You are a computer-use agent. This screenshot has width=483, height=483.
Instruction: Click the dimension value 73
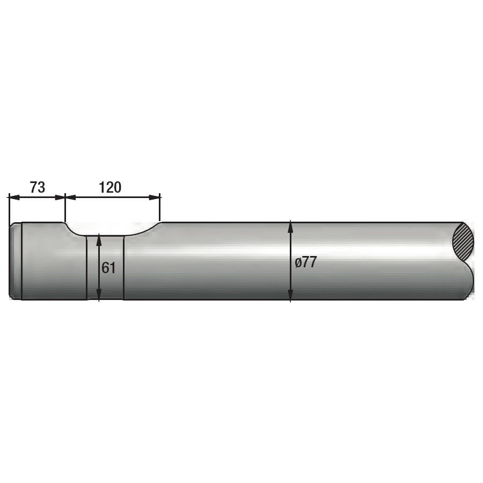tap(37, 187)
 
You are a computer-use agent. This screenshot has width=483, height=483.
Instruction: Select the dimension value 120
tap(110, 187)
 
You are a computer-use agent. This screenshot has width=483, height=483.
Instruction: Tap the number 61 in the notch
tap(109, 267)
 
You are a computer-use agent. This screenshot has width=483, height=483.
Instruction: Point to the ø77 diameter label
tap(306, 262)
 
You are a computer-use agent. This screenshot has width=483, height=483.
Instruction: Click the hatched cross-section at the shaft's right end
tap(464, 241)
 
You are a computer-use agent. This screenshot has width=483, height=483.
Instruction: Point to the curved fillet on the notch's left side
tap(73, 230)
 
